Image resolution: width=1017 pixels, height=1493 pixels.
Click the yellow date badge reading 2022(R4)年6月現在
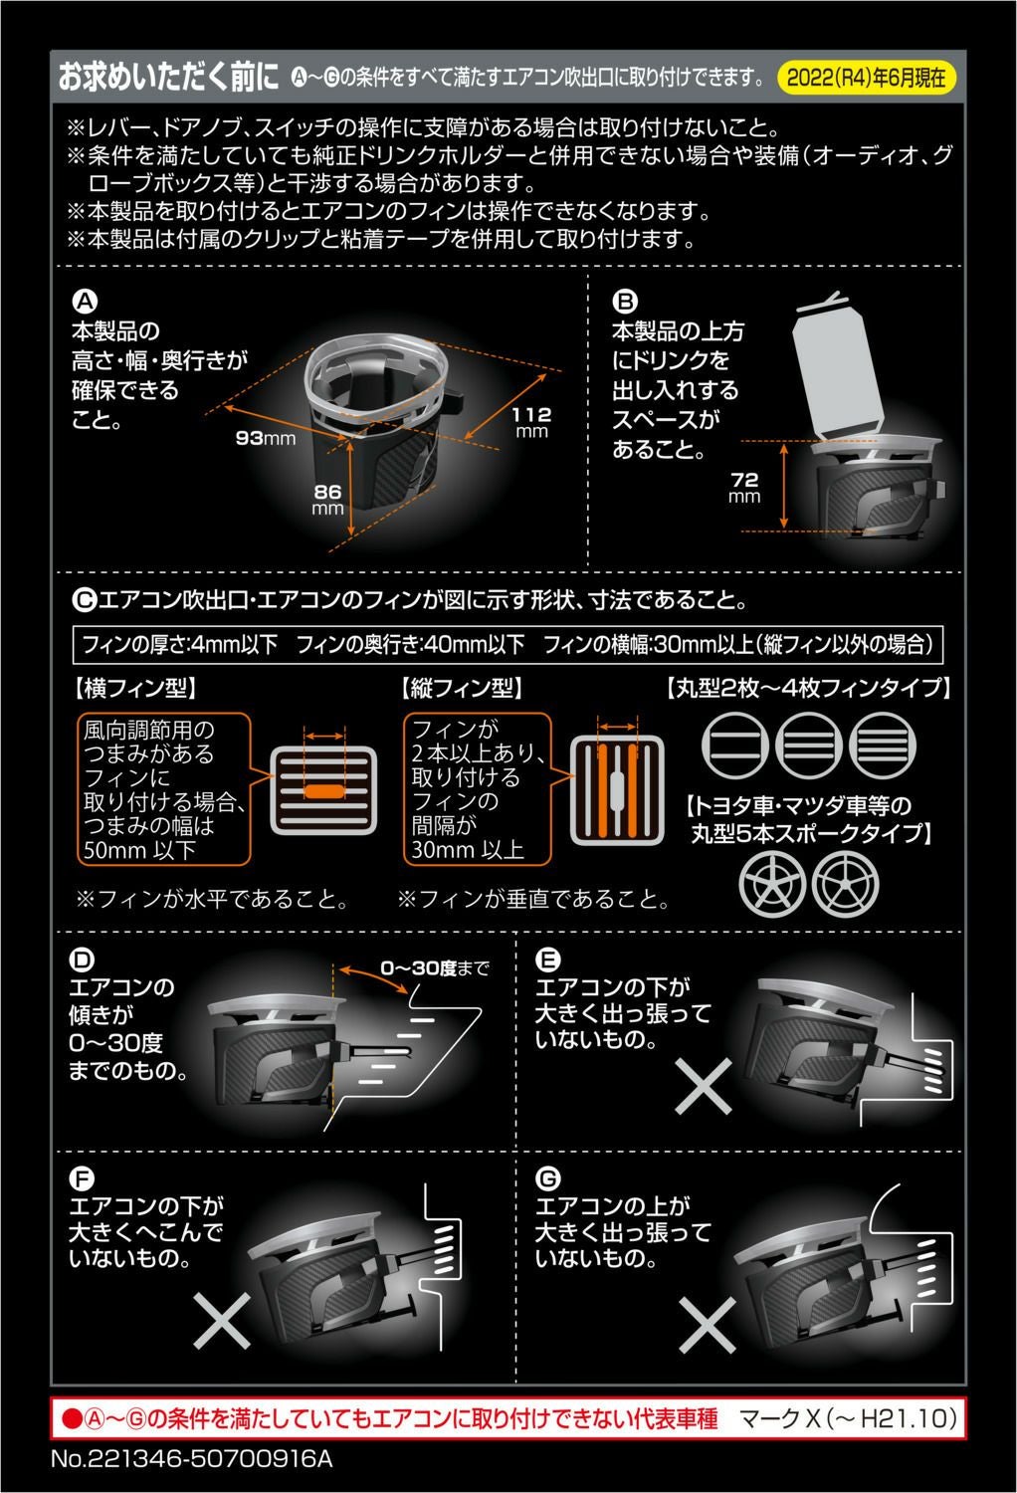(x=866, y=78)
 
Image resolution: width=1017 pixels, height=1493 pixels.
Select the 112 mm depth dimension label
(x=531, y=421)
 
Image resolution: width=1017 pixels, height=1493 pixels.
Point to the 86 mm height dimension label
(x=327, y=499)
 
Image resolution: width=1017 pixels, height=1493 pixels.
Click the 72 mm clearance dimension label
(x=744, y=487)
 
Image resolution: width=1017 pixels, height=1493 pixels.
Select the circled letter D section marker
(x=83, y=960)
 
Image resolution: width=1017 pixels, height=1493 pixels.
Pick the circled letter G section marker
(x=548, y=1179)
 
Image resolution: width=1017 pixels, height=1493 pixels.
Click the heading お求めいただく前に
(x=167, y=78)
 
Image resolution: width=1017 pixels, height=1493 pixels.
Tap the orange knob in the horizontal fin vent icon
(x=323, y=791)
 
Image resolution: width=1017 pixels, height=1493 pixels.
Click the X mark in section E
(x=704, y=1084)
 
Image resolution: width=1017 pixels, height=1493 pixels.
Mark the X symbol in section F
(x=221, y=1320)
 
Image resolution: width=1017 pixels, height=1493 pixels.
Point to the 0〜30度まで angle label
(x=434, y=967)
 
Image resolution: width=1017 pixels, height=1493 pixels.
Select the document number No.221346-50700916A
(x=190, y=1459)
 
